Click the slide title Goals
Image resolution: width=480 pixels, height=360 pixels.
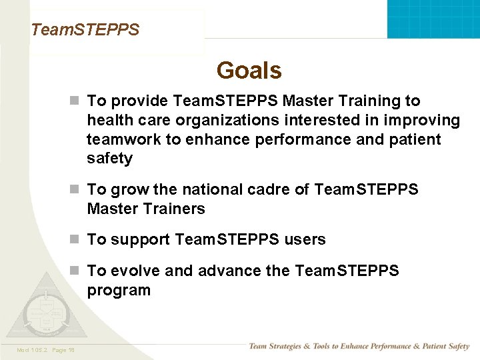pos(249,70)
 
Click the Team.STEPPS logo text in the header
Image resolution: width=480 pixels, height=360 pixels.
pos(85,30)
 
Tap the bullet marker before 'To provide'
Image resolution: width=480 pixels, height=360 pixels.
pos(76,101)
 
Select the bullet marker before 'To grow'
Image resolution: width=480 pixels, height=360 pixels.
pos(76,190)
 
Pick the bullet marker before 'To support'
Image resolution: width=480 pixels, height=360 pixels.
pos(76,239)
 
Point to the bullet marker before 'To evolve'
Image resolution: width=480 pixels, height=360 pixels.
pos(76,271)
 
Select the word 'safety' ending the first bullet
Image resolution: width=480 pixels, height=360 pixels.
pos(109,159)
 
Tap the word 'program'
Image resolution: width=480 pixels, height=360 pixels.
pos(119,291)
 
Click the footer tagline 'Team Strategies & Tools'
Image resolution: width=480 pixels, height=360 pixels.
pos(359,346)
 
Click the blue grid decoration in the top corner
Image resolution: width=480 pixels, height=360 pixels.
pos(433,18)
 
